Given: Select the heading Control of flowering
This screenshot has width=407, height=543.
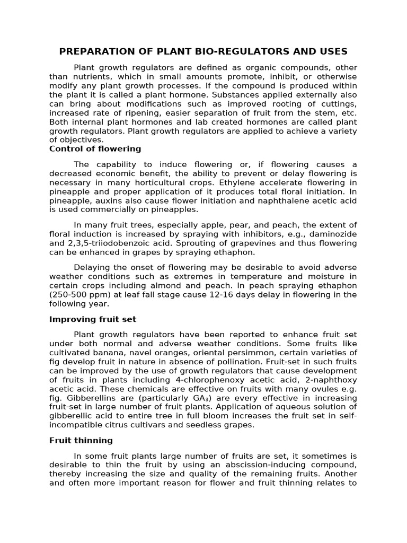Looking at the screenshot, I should point(95,148).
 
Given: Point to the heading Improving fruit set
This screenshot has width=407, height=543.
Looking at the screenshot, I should point(93,319).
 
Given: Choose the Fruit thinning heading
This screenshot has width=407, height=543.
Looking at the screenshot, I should point(81,440).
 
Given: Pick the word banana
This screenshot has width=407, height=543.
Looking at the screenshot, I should point(108,353).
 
